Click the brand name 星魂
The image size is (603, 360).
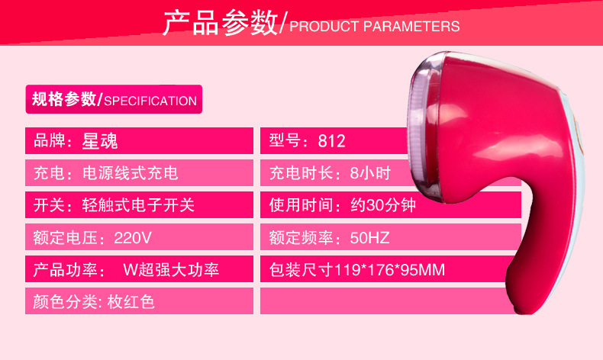99,141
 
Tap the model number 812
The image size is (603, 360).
331,141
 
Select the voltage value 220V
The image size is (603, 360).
133,238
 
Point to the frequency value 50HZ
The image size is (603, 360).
369,238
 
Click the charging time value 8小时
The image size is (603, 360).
370,173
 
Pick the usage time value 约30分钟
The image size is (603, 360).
383,205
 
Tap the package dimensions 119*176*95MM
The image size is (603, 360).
389,270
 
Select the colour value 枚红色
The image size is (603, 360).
131,301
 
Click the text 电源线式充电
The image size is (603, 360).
130,173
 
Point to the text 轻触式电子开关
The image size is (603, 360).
138,205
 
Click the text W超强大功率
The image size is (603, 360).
171,270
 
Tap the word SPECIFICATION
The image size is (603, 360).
150,101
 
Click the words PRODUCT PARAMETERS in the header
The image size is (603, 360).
375,26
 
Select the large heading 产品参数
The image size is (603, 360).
220,23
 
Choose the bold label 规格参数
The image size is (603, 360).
64,99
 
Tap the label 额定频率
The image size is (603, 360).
301,238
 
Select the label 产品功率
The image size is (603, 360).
65,270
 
